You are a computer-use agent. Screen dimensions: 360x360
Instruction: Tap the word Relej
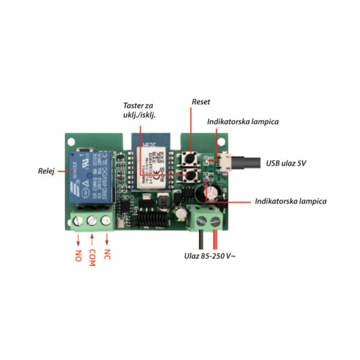click(x=45, y=172)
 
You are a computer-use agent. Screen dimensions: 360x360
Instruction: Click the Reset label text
click(x=201, y=103)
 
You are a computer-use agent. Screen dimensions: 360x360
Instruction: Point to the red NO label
click(x=79, y=256)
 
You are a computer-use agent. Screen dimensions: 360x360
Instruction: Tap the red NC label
click(x=107, y=256)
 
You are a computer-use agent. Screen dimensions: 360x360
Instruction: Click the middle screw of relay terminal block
click(x=92, y=221)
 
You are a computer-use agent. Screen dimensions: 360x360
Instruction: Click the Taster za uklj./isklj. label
click(x=139, y=110)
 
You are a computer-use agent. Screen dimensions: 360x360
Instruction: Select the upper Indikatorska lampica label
click(x=243, y=122)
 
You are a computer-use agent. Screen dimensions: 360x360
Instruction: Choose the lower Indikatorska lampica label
click(x=290, y=201)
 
